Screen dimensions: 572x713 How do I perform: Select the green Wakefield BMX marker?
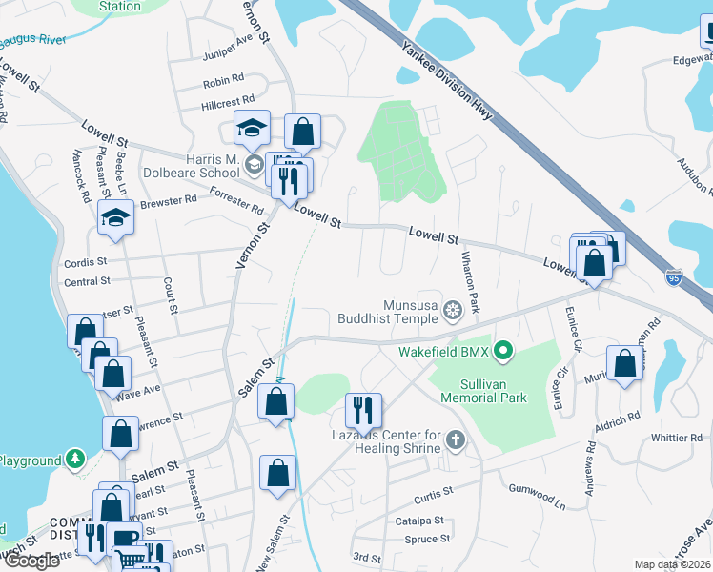(503, 353)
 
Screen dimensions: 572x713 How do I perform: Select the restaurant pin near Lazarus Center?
(363, 410)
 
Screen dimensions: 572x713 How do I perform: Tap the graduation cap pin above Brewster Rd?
(115, 217)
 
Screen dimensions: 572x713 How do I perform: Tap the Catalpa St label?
(418, 521)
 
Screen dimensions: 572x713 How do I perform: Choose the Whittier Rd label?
(675, 439)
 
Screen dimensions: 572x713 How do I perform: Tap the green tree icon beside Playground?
(74, 460)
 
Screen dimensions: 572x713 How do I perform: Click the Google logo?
(32, 561)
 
